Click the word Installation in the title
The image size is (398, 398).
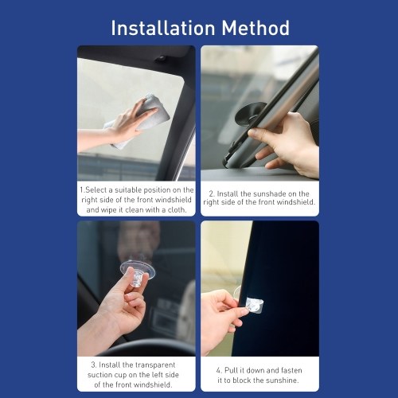163,28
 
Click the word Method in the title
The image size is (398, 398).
256,28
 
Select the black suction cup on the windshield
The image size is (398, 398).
251,114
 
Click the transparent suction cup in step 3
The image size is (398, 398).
138,272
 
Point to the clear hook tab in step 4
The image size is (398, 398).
254,306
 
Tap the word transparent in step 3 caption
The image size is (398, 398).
155,365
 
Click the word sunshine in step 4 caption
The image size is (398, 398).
283,380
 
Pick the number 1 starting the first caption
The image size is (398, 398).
82,189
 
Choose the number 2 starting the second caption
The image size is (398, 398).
212,193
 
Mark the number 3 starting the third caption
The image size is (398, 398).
93,365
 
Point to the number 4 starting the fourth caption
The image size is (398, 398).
219,370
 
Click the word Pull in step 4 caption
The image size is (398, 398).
232,370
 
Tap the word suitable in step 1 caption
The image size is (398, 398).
128,190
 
